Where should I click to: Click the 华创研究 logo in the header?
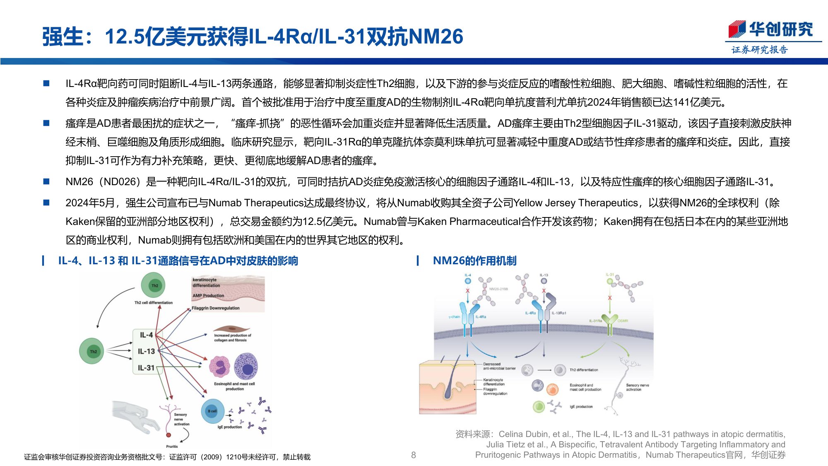point(771,30)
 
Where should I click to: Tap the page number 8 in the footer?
point(413,455)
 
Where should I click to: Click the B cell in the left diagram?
point(212,411)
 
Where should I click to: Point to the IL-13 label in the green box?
point(146,351)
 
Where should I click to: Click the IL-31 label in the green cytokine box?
point(146,368)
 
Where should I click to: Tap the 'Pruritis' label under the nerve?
point(172,446)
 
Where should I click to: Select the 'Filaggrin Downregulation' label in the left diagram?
point(215,308)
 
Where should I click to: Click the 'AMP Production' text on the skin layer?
point(208,296)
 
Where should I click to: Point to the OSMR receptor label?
point(623,321)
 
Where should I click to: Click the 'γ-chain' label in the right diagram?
point(454,317)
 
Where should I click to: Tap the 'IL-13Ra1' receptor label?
point(558,313)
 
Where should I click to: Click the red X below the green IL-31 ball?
point(609,298)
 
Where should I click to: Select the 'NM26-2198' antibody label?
point(498,289)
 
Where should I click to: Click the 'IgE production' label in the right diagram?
point(581,407)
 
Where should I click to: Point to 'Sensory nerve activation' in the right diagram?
point(637,387)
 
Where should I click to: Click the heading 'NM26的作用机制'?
point(474,261)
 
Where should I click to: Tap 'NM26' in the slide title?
point(436,36)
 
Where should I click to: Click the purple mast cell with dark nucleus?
point(246,367)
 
